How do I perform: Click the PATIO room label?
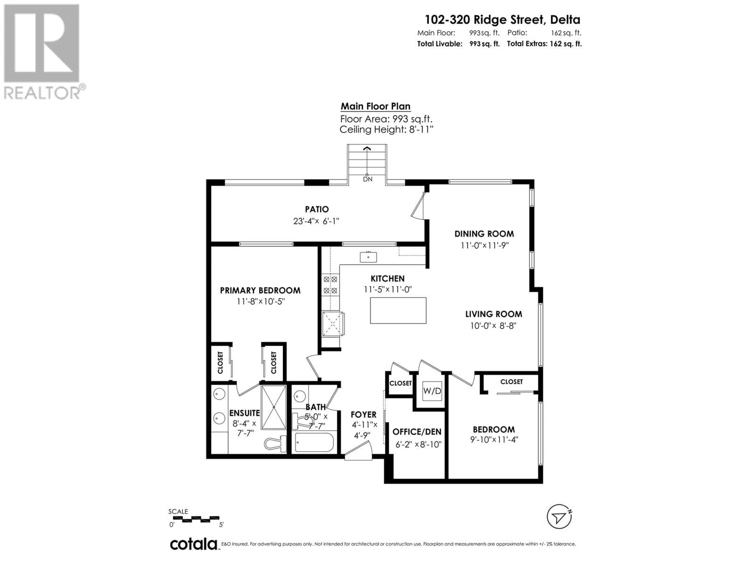317,209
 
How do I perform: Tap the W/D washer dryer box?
432,391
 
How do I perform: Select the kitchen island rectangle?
398,311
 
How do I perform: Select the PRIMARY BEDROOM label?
260,290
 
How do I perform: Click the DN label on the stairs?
367,179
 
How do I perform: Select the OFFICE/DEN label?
417,432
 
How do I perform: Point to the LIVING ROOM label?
494,314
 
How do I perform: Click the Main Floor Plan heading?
376,107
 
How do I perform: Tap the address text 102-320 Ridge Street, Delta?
502,20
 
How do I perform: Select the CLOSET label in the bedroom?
511,382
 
